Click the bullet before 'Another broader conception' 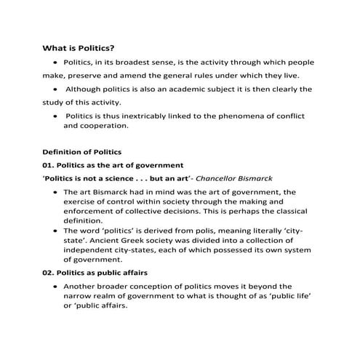point(55,287)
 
